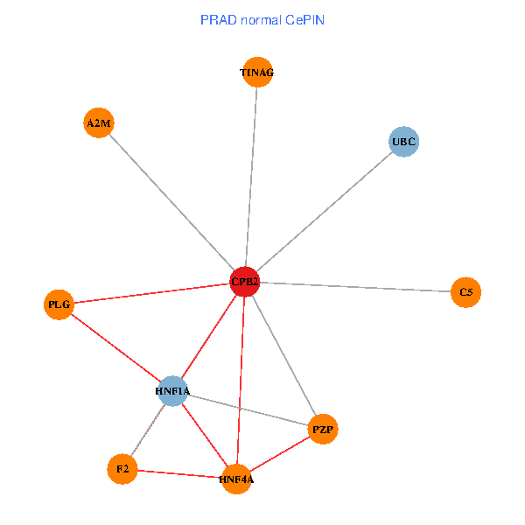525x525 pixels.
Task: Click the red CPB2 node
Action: tap(244, 282)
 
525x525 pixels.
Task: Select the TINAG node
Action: tap(257, 73)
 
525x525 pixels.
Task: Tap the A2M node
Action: tap(99, 123)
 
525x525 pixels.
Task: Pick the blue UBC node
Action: tap(403, 141)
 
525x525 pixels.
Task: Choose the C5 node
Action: tap(465, 292)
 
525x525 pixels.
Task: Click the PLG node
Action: tap(59, 304)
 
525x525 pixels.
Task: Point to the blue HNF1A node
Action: tap(173, 390)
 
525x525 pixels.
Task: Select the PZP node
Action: tap(323, 429)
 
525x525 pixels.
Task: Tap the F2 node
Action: tap(122, 470)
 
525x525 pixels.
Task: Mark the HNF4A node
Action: tap(236, 479)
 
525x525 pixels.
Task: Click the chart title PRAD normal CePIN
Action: tap(262, 19)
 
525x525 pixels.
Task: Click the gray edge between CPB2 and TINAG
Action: tap(251, 175)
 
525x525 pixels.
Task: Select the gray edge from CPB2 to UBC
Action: tap(324, 211)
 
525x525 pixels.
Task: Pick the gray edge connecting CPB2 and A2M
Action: tap(171, 202)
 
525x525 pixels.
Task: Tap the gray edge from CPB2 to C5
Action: tap(354, 287)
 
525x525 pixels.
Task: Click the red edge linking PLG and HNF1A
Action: tap(115, 347)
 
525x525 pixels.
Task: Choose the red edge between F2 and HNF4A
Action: tap(179, 474)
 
